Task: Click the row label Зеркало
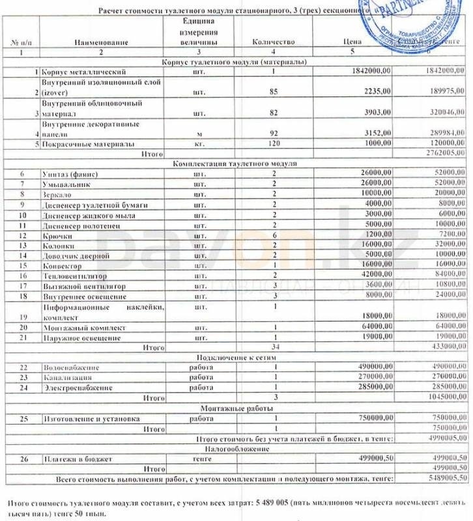(56, 194)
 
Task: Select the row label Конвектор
(61, 266)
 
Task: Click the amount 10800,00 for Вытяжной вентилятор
(448, 286)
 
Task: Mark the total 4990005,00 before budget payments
(445, 439)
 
